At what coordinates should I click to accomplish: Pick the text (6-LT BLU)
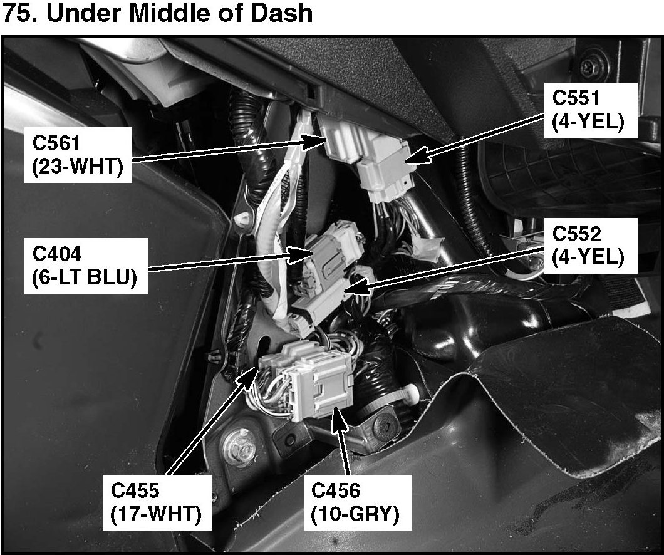[84, 277]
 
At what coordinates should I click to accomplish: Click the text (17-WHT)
[155, 514]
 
